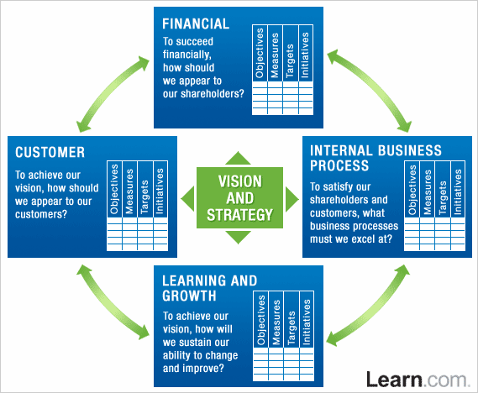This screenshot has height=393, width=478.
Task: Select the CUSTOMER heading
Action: [x=50, y=152]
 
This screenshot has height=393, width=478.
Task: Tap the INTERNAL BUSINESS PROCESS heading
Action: [x=376, y=158]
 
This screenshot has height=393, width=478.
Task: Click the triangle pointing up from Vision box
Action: [x=239, y=157]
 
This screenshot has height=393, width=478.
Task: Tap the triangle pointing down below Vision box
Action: [x=239, y=239]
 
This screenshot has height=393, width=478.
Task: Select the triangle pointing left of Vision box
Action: [x=188, y=198]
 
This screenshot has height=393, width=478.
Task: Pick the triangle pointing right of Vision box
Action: [x=291, y=198]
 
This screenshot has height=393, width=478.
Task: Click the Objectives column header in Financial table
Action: [x=260, y=57]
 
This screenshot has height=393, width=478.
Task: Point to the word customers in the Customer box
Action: [x=41, y=214]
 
